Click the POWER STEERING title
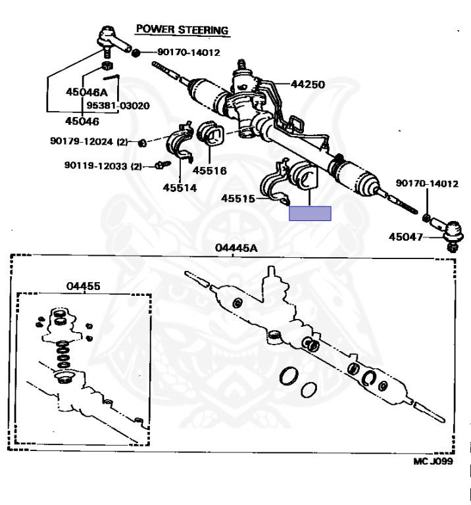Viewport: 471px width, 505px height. pyautogui.click(x=182, y=30)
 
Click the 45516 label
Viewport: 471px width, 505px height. pyautogui.click(x=209, y=170)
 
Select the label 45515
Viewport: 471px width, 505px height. pyautogui.click(x=238, y=198)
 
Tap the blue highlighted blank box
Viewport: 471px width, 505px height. pyautogui.click(x=310, y=213)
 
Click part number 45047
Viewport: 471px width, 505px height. pyautogui.click(x=406, y=236)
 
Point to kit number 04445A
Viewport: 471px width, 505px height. pyautogui.click(x=236, y=247)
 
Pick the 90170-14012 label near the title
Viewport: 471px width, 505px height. pyautogui.click(x=189, y=53)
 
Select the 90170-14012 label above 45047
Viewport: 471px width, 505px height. pyautogui.click(x=426, y=183)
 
